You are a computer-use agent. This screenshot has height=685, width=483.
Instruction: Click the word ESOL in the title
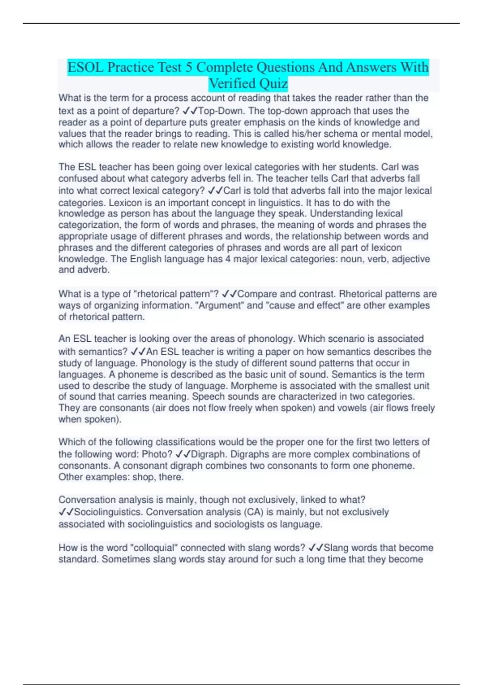coord(85,67)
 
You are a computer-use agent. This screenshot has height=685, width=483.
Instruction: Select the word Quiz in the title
coord(274,84)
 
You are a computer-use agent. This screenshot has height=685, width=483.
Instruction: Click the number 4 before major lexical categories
coord(228,259)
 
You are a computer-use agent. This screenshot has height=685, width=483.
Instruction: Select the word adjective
coord(411,259)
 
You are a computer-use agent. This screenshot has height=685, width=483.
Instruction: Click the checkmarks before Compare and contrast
coord(229,294)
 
